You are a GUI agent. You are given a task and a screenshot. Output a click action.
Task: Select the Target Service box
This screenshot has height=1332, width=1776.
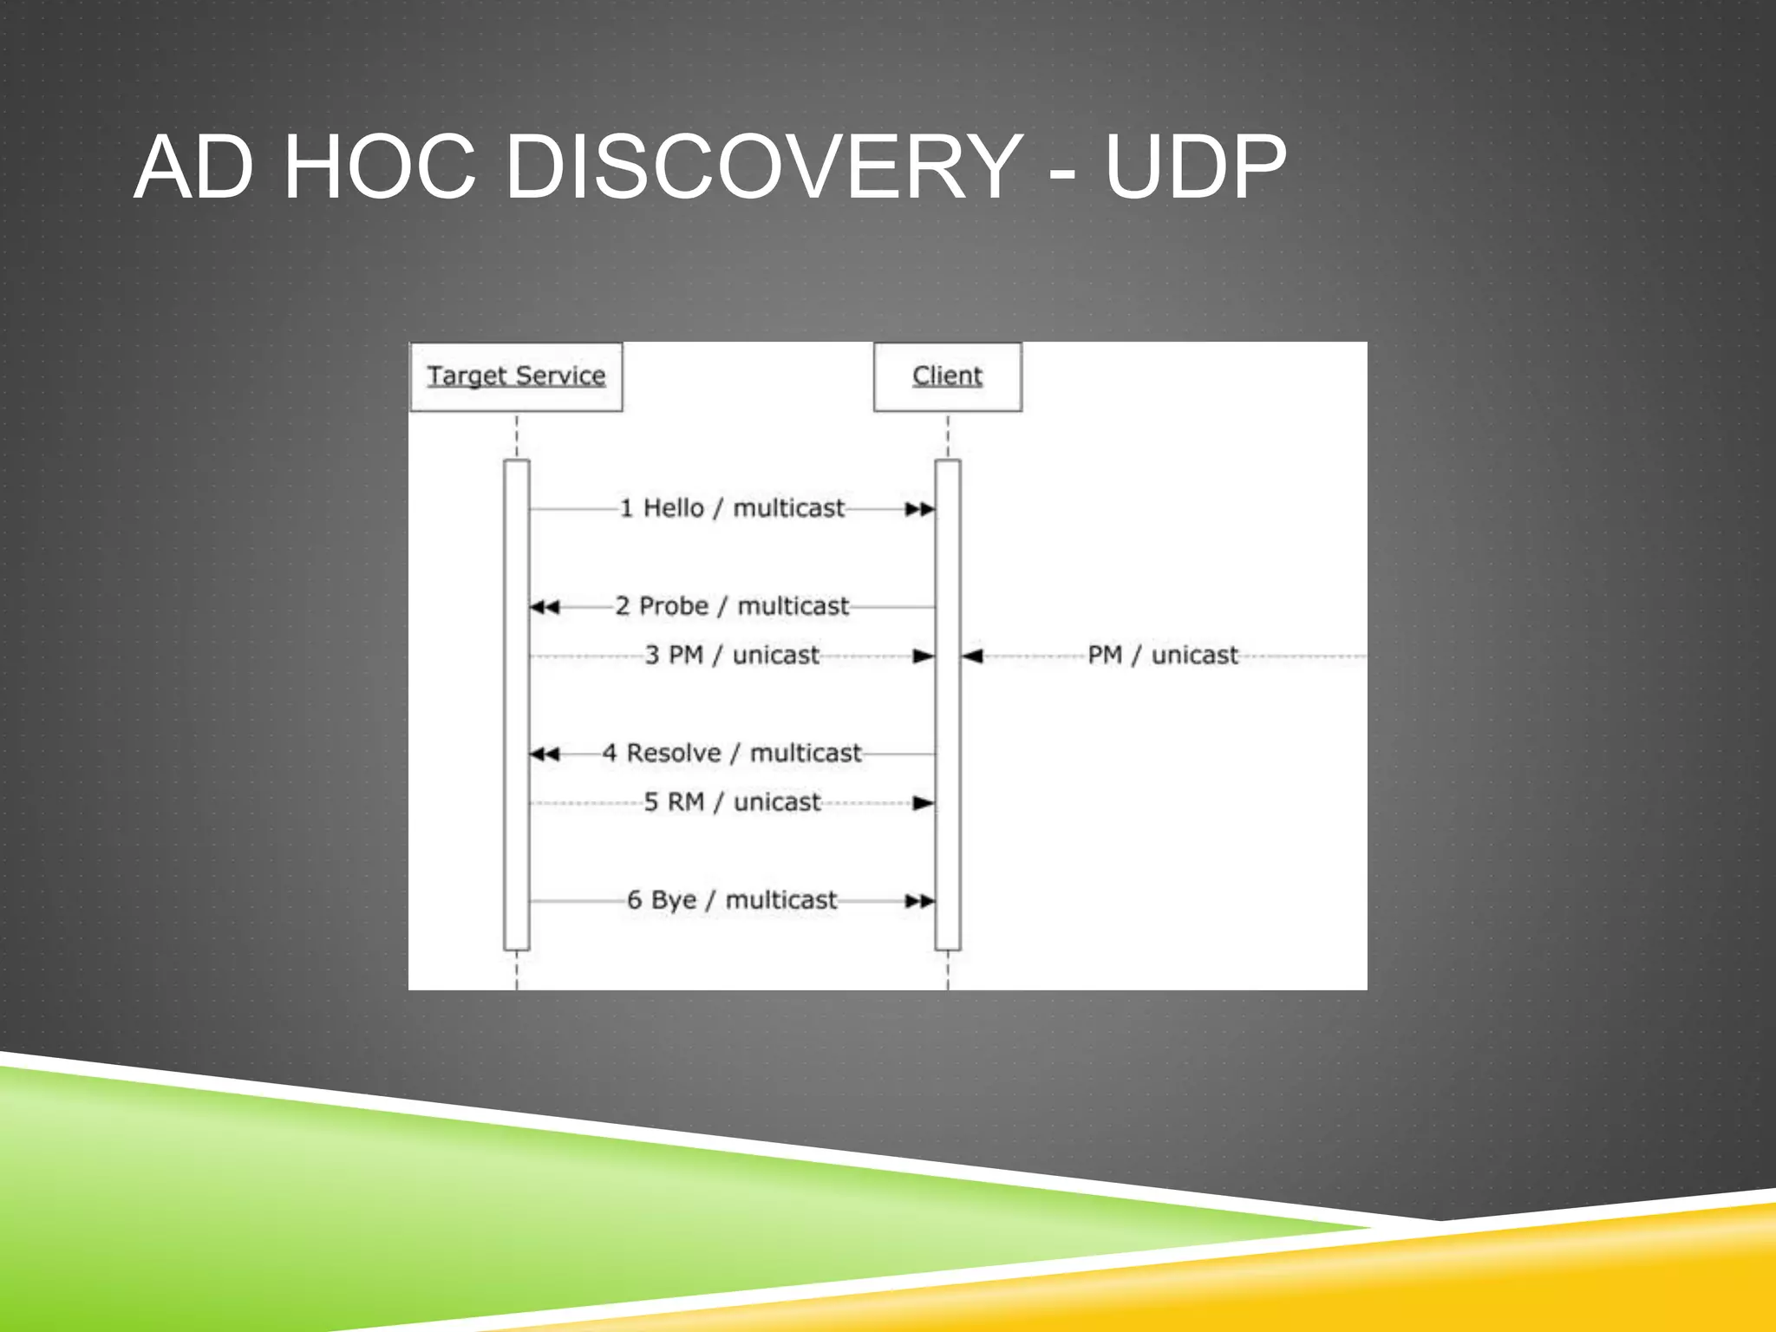[516, 376]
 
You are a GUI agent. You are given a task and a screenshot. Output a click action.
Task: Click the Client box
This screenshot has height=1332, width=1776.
[947, 376]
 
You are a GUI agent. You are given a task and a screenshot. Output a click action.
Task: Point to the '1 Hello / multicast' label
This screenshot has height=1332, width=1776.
[731, 508]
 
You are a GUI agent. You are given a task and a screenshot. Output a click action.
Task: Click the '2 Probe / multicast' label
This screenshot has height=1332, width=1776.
[731, 606]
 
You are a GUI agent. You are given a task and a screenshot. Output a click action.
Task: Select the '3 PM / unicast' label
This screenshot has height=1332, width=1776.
[731, 655]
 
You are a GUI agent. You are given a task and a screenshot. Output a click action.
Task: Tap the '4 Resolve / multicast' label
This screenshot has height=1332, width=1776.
[731, 753]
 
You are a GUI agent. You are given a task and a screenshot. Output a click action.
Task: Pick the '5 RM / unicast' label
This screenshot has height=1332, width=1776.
[731, 802]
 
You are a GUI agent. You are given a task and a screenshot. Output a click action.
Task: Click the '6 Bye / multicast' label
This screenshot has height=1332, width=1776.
[731, 900]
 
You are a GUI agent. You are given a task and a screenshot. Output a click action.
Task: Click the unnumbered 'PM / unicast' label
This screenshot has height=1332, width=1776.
[1162, 655]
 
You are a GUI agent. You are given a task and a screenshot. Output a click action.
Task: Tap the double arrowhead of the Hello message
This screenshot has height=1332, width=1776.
[920, 509]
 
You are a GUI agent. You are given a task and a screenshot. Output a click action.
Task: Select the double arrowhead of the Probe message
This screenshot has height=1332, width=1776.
[545, 607]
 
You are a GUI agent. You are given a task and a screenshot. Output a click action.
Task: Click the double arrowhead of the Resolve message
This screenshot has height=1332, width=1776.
[545, 754]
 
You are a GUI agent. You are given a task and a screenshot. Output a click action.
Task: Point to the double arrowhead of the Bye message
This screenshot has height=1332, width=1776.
[920, 902]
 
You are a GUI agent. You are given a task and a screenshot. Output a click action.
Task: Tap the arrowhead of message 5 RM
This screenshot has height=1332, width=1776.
[924, 804]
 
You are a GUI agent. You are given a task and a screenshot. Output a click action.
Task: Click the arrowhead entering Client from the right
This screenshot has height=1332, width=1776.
[972, 656]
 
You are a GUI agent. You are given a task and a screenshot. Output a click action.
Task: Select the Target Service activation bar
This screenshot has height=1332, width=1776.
[517, 704]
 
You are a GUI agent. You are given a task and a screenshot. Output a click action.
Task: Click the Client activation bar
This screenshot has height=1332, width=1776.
[948, 704]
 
